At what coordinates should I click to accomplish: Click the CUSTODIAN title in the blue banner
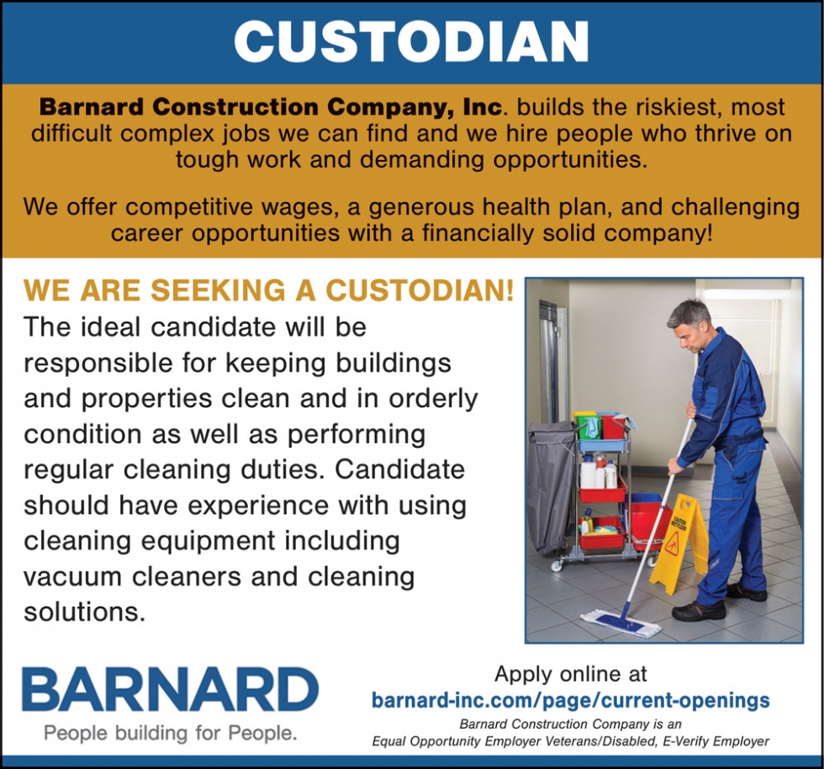point(411,43)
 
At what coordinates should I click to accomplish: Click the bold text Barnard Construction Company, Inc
point(271,108)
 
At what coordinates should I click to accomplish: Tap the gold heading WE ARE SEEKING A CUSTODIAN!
point(268,290)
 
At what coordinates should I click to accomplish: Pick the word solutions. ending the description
point(84,612)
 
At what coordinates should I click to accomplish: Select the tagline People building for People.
point(170,733)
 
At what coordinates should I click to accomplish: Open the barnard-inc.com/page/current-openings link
point(571,701)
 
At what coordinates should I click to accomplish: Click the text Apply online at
point(571,674)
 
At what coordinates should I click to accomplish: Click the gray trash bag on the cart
point(552,486)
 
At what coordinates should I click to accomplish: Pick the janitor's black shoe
point(698,611)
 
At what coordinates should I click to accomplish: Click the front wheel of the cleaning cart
point(557,565)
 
